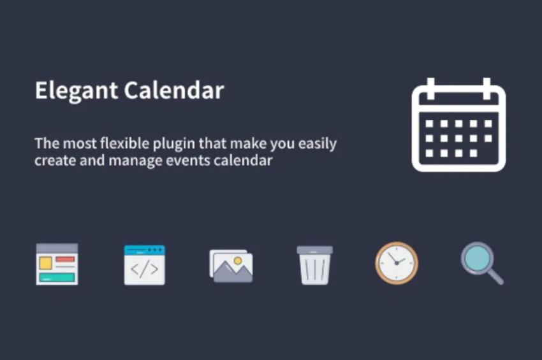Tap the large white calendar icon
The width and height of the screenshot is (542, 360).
(458, 126)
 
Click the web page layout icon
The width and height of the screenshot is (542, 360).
(57, 264)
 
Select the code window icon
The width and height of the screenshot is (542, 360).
(144, 264)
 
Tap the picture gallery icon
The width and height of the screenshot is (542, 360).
(231, 265)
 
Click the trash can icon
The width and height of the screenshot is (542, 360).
(314, 264)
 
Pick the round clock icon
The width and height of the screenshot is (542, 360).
(397, 263)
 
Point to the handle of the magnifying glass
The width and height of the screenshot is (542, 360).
(495, 277)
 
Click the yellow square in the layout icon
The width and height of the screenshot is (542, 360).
(45, 263)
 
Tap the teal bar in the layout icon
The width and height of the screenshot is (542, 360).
(57, 277)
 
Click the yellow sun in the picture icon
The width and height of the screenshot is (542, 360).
(238, 261)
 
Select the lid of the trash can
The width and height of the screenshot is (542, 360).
(314, 250)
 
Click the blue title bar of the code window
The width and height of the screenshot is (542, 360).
(144, 250)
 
